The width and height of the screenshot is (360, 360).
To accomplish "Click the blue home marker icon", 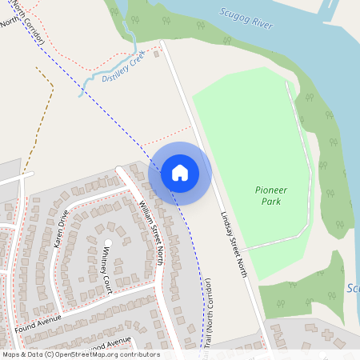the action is pos(180,172).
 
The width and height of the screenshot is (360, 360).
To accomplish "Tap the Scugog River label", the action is pos(246,18).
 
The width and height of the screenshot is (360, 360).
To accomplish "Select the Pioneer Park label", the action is pos(270,195).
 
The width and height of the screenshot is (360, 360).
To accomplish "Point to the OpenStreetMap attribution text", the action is pos(80,354).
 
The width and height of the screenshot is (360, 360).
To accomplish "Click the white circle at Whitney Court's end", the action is pos(108,242).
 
